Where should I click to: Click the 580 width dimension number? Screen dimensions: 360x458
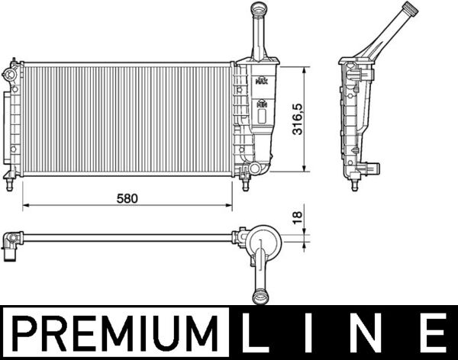[127, 198]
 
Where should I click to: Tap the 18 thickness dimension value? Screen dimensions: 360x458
[298, 219]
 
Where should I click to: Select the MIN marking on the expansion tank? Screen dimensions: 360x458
[262, 102]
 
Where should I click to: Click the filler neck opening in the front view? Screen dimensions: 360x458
[256, 8]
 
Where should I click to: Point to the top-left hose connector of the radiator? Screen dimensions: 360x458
[9, 74]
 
